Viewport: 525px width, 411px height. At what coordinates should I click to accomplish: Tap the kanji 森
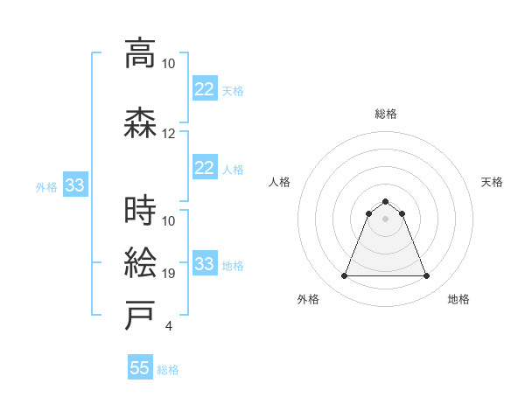[x=140, y=122]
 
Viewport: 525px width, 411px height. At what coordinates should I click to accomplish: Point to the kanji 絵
[x=140, y=262]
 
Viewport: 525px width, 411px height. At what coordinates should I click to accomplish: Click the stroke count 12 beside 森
[x=169, y=134]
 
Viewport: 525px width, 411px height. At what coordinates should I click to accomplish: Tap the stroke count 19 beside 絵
[x=169, y=274]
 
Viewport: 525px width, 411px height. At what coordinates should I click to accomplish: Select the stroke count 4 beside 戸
[x=168, y=326]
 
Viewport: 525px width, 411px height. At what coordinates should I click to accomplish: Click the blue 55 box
[x=140, y=368]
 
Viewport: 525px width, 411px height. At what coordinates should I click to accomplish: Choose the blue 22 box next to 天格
[x=204, y=88]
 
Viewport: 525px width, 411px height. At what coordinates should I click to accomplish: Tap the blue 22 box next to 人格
[x=204, y=167]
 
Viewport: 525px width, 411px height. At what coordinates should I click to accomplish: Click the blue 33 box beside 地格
[x=204, y=263]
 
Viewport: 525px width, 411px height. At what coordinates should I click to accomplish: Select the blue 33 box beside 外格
[x=74, y=185]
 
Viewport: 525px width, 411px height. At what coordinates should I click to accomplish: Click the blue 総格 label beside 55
[x=168, y=370]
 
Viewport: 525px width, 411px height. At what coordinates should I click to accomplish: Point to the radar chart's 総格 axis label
[x=386, y=114]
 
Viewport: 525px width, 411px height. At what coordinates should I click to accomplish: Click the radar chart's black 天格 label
[x=492, y=182]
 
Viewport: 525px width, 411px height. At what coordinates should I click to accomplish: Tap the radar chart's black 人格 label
[x=280, y=182]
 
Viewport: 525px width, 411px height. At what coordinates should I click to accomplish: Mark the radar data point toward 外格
[x=344, y=276]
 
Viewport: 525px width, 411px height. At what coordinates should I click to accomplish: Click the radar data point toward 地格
[x=427, y=276]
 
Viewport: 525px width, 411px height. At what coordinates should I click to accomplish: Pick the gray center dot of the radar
[x=386, y=219]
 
